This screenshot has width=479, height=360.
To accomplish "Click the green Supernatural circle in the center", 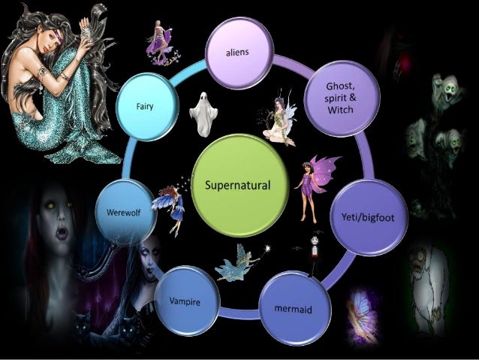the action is pos(240,184).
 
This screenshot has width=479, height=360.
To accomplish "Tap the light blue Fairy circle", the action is pos(146,106).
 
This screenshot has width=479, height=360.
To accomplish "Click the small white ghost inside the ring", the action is pos(203,113).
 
